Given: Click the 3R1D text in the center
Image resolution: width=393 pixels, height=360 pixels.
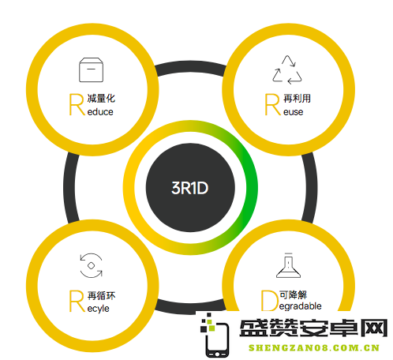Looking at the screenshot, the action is pos(189,188).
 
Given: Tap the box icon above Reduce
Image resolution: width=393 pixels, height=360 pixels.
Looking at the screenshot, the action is pos(91,69).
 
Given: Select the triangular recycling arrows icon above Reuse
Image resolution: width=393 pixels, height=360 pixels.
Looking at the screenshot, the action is pos(287,70).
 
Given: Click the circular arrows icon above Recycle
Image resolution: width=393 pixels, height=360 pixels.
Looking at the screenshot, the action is pos(91,265).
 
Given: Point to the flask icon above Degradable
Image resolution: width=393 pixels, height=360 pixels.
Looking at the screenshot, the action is pos(288,265).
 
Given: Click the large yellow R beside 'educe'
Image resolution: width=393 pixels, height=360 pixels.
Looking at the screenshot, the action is pos(77,104).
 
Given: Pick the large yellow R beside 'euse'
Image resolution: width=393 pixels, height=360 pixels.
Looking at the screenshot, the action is pos(273,104).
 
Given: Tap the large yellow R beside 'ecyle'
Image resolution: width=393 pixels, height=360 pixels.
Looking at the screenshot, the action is pos(77,301).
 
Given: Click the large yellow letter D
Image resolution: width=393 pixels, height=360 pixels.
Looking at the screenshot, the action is pos(270,300).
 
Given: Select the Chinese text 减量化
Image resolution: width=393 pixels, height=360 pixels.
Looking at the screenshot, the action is pos(101,99).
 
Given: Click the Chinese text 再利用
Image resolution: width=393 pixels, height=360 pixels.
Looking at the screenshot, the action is pos(298,99).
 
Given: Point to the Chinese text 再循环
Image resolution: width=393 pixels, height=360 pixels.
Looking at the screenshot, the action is pos(101,295).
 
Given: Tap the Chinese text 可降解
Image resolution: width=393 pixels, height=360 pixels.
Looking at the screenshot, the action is pos(294,294).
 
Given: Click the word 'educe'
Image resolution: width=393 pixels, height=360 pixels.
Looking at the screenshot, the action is pos(100,112).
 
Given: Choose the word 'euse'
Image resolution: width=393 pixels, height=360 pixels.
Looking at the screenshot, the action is pos(294,112).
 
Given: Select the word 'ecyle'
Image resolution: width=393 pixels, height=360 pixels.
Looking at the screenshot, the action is pos(98,309).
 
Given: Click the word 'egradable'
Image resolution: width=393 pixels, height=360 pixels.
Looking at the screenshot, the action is pos(301,306).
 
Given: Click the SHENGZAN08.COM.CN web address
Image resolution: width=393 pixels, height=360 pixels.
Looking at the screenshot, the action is pos(314,348).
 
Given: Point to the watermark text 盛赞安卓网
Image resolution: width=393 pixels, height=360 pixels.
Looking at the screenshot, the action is pos(313,328).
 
